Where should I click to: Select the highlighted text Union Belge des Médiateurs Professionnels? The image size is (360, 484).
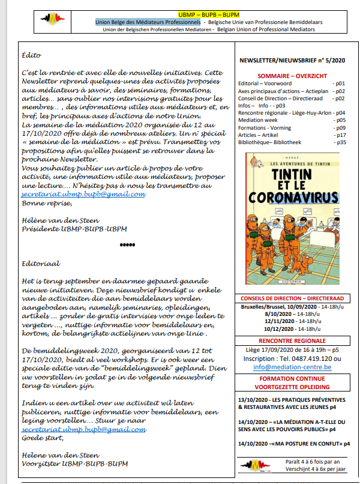click(x=148, y=22)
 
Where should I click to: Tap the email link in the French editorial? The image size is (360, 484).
click(x=83, y=194)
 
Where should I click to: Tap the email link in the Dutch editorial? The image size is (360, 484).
click(x=84, y=430)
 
